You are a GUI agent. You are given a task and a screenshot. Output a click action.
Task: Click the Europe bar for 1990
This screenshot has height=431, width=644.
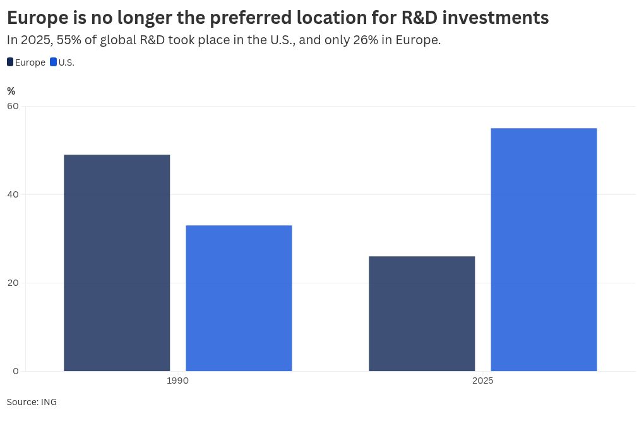pos(117,263)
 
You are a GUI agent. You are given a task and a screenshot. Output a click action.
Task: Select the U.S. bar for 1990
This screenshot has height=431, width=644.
pos(239,298)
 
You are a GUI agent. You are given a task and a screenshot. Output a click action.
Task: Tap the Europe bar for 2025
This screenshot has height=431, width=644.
pos(422,313)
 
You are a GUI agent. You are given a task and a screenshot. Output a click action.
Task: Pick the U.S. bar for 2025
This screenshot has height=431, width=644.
pos(544,249)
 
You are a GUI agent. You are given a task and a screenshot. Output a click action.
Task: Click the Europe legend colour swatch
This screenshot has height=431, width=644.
pos(10,62)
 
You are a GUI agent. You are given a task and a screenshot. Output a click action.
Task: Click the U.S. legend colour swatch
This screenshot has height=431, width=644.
pos(54,62)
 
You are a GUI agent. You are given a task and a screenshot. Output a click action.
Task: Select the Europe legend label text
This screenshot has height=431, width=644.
pos(30,62)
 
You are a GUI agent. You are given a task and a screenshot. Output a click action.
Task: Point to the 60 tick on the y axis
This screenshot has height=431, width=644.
pos(13,106)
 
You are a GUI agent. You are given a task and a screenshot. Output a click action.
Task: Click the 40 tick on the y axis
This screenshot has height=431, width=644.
pos(13,194)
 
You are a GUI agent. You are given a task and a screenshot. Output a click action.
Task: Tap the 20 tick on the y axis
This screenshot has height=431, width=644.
pos(13,283)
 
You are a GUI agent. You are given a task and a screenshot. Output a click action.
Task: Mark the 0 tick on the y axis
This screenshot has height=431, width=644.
pos(15,371)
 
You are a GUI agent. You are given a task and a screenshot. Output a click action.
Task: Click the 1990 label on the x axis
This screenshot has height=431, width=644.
pos(177,381)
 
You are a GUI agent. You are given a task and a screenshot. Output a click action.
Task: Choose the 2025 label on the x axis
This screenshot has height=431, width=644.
pos(482,381)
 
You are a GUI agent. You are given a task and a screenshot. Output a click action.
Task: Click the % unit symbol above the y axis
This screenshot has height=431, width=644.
pos(11,92)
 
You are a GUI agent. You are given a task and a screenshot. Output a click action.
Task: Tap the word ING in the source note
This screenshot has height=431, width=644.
pos(49,402)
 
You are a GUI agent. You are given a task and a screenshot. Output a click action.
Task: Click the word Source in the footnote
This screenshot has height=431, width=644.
pos(21,402)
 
